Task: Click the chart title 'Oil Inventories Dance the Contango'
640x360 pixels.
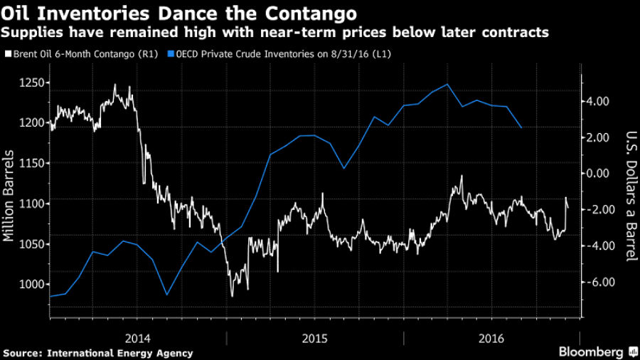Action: (181, 14)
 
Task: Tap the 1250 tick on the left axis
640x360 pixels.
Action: (31, 83)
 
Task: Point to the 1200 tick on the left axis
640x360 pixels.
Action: (31, 123)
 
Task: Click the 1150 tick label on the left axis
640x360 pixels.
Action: (31, 163)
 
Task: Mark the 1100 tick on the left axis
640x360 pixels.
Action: (31, 203)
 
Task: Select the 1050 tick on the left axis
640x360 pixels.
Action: (31, 244)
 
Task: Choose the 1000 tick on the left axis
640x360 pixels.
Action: (31, 285)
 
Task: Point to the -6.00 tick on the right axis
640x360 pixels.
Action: (597, 282)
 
